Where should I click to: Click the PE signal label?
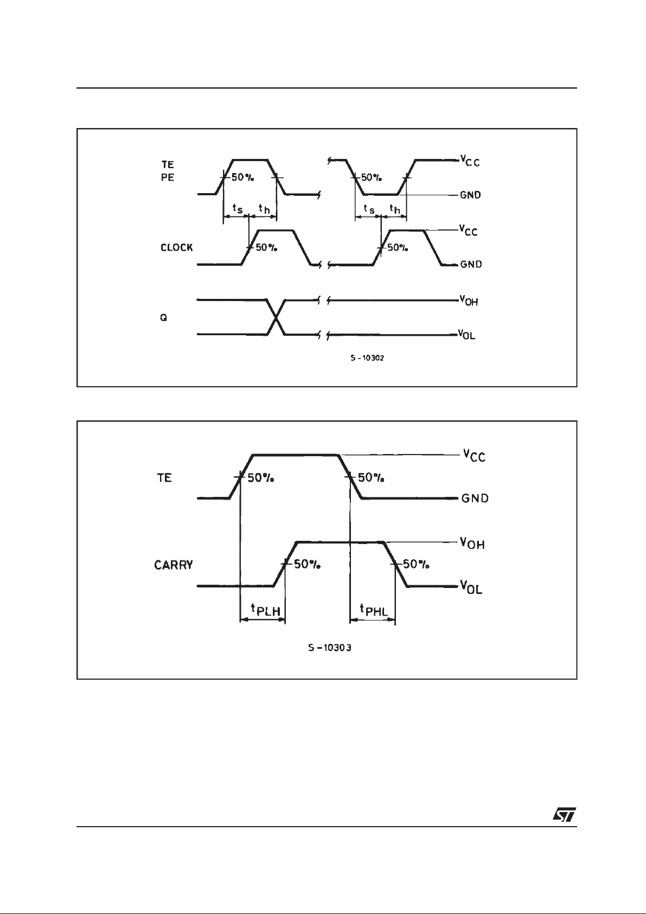(168, 177)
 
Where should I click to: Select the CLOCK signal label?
(176, 247)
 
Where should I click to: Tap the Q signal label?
(163, 318)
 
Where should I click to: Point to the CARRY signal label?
(174, 565)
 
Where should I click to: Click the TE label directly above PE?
(168, 165)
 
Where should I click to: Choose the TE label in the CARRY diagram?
(164, 478)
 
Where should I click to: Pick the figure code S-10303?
(330, 648)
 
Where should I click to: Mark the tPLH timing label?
(264, 610)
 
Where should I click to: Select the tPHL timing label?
(373, 610)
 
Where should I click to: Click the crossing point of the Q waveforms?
(277, 317)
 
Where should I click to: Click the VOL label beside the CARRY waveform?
(471, 587)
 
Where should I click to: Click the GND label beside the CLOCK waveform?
(471, 265)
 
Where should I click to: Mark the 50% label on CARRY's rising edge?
(308, 564)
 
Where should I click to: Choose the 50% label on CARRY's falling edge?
(416, 564)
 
